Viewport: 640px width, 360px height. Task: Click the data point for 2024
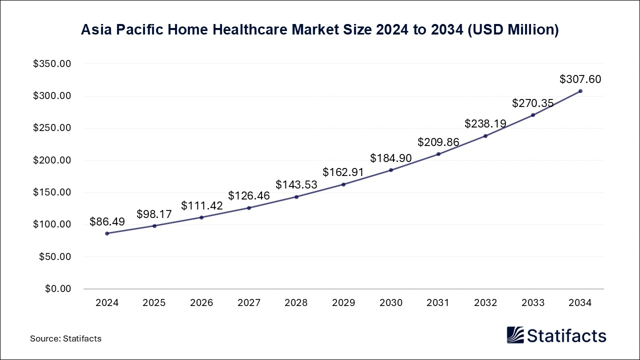(107, 233)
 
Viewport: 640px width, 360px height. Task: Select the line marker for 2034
(580, 91)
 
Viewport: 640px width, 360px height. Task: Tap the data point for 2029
(343, 184)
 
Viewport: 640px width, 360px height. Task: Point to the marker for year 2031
(438, 154)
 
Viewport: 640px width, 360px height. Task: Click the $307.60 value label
(580, 79)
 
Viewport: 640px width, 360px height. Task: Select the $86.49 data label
(107, 221)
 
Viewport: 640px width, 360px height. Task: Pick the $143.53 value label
(296, 184)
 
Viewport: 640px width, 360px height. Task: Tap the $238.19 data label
(485, 123)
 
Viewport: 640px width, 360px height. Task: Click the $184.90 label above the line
(391, 158)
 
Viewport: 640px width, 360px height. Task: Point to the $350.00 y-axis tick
(52, 64)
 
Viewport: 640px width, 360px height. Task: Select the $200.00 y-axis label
(52, 160)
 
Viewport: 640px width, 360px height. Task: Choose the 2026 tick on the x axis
(201, 303)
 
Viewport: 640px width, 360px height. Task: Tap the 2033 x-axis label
(533, 303)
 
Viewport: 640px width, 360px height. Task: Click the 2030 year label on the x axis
(391, 303)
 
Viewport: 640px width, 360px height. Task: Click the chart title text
(320, 30)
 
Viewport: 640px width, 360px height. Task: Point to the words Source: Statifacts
(65, 338)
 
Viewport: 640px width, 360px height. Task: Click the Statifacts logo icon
(515, 335)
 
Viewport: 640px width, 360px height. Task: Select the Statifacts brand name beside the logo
(567, 335)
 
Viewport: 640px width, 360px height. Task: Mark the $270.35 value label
(533, 103)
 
